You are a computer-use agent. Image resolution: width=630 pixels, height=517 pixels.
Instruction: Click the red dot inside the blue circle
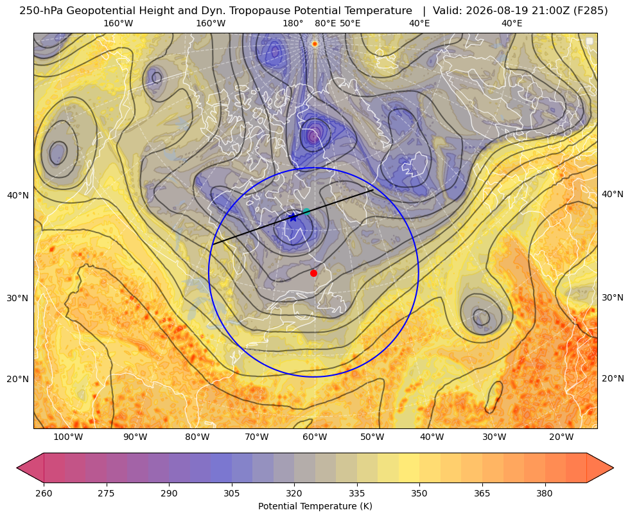point(314,273)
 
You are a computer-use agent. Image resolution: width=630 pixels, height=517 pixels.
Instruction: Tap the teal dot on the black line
point(306,211)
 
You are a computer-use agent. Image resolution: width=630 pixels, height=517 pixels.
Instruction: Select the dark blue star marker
point(293,217)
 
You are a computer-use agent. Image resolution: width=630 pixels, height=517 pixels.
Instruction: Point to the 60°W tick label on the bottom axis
point(315,437)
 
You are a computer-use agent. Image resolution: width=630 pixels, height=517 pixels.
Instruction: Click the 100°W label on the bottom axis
point(68,437)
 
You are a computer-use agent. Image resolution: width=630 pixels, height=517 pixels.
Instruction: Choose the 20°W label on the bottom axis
point(561,437)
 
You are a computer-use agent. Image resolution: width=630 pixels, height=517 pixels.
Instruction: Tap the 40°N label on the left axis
point(18,196)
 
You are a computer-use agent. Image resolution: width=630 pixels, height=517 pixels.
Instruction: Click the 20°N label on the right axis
point(613,378)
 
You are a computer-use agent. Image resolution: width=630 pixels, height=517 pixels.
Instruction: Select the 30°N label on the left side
point(18,299)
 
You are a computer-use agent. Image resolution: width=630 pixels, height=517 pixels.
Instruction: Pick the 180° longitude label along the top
point(293,23)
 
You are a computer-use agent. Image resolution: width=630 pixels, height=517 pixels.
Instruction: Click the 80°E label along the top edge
point(325,23)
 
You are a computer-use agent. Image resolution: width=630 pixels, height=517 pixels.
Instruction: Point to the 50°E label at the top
point(350,23)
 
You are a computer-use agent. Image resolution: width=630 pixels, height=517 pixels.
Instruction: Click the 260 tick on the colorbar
point(44,493)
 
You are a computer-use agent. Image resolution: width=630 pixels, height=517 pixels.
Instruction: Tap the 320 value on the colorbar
point(294,493)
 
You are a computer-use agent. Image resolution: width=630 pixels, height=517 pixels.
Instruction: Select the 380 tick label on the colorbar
point(545,493)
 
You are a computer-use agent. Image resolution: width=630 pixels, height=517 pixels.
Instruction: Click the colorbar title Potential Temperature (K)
point(315,506)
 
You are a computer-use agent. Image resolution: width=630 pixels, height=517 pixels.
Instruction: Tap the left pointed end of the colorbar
point(17,468)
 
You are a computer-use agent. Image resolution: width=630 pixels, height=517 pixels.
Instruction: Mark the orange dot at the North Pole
point(315,44)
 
